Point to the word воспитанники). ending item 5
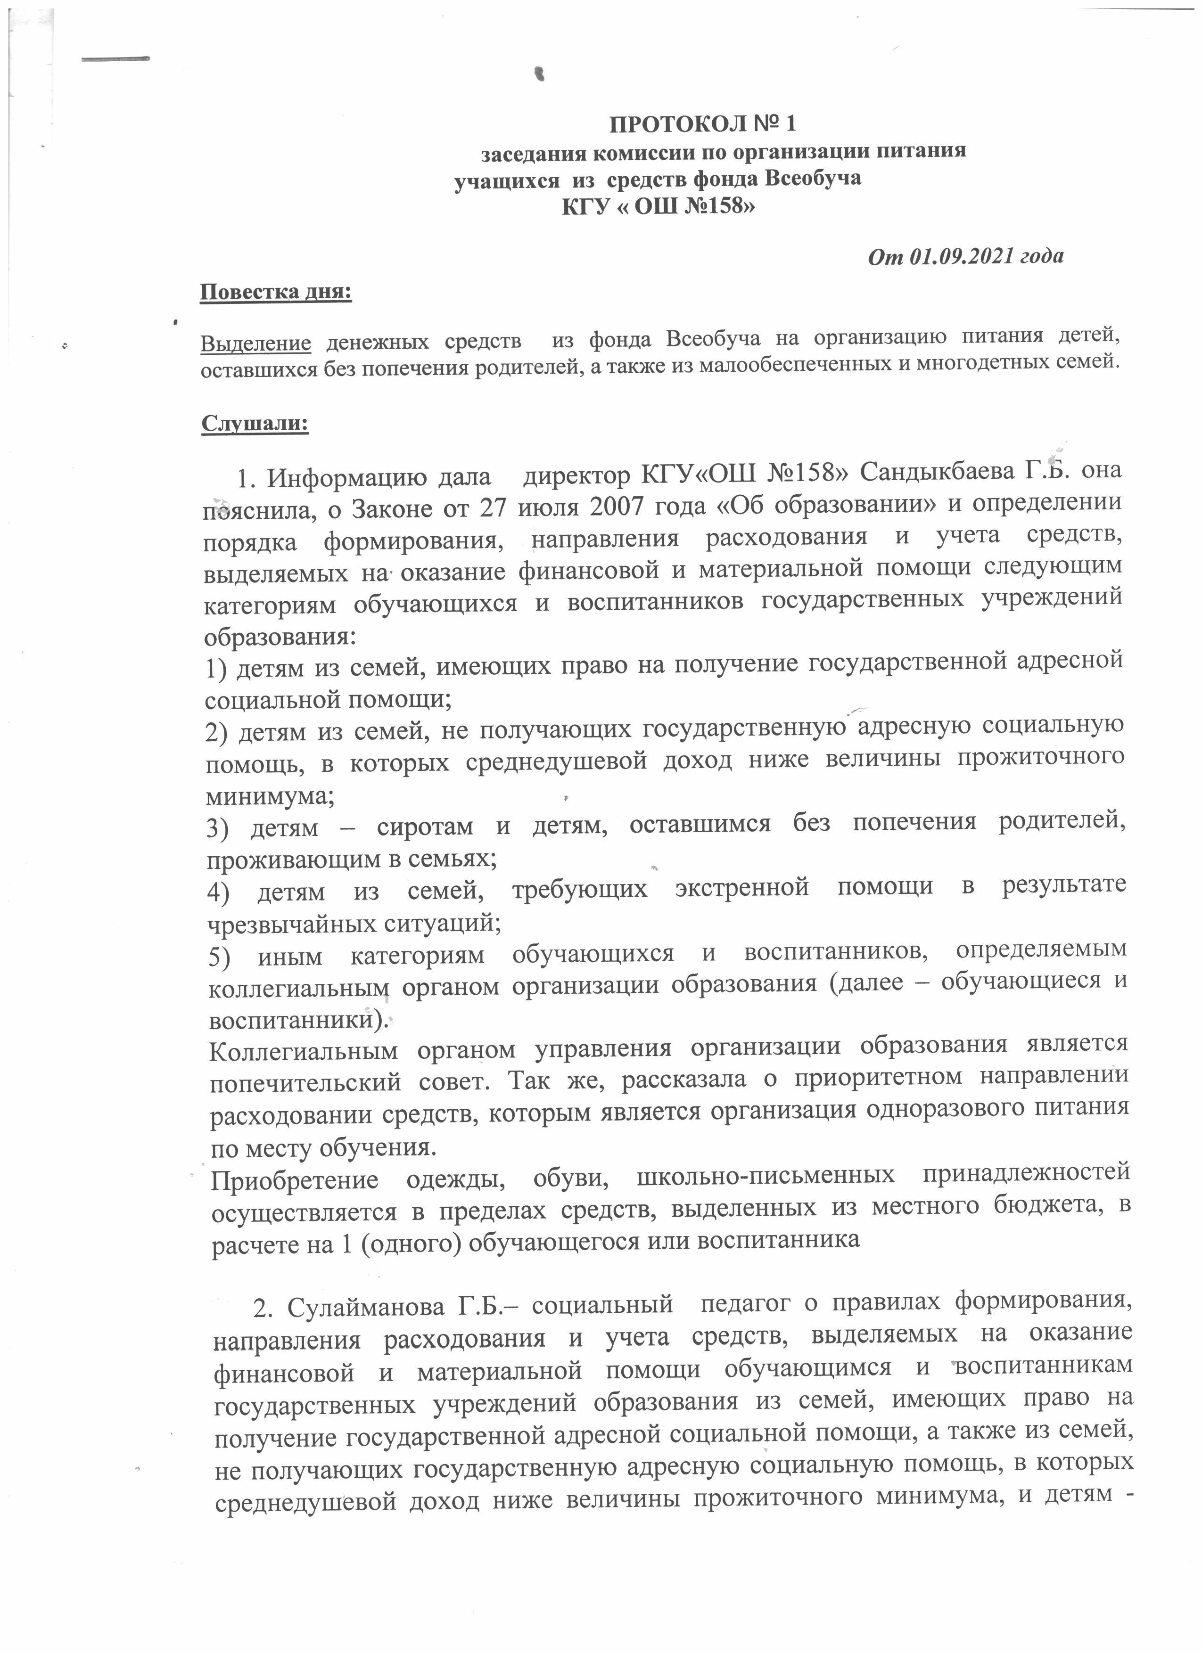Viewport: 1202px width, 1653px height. coord(300,1019)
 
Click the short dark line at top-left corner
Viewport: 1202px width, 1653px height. coord(115,59)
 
